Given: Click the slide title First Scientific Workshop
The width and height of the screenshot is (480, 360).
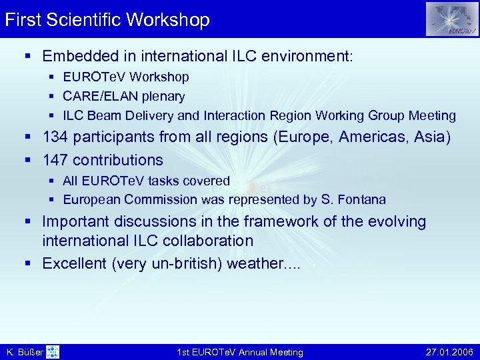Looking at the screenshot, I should click(x=107, y=19).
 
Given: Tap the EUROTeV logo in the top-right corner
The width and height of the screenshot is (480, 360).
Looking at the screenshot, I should click(x=452, y=19).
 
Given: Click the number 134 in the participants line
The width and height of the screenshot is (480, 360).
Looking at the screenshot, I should click(x=55, y=137).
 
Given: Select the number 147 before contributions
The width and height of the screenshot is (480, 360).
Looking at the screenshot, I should click(x=55, y=160).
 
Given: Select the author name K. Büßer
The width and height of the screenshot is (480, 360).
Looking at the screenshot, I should click(x=24, y=352).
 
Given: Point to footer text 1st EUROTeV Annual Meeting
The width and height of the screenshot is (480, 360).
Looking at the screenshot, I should click(x=240, y=352).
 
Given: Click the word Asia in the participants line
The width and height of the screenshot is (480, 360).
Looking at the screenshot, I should click(x=429, y=137).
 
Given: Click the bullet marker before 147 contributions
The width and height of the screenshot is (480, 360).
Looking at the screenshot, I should click(x=31, y=160).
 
